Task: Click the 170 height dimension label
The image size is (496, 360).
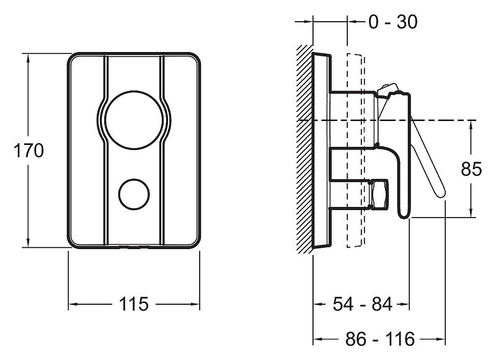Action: (x=29, y=151)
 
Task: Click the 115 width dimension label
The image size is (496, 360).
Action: (x=133, y=304)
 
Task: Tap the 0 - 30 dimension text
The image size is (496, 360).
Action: (x=393, y=22)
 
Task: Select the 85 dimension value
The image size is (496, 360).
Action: (x=471, y=169)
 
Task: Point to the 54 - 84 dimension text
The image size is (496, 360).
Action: (x=363, y=304)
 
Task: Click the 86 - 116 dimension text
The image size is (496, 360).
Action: (x=379, y=339)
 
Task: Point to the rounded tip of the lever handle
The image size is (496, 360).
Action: (x=441, y=193)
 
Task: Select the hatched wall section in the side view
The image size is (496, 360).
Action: (x=304, y=149)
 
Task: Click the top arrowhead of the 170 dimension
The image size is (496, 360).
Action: (x=28, y=58)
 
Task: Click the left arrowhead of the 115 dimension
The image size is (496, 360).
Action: (x=73, y=304)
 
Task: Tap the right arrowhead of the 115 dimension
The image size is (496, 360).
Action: (x=195, y=304)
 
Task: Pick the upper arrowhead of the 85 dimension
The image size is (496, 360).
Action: (x=471, y=125)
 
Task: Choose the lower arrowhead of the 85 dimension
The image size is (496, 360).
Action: (x=471, y=213)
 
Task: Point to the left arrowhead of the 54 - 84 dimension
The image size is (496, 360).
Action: (x=318, y=304)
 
